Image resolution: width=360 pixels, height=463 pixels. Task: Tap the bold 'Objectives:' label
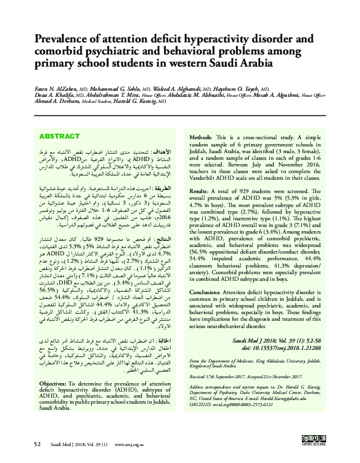click(x=57, y=384)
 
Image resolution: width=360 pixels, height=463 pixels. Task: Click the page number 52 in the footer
click(x=37, y=444)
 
